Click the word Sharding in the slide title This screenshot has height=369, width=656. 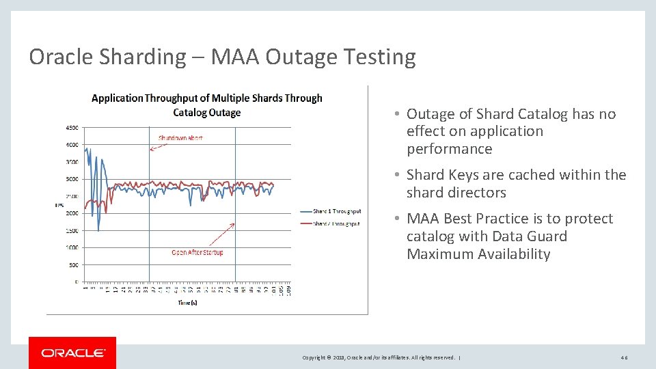point(142,57)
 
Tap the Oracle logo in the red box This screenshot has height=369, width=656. point(72,353)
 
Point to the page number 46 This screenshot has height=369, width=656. point(624,357)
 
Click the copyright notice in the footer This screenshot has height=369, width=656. point(379,357)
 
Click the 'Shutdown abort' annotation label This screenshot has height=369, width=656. point(180,137)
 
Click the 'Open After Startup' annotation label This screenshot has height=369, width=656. point(197,252)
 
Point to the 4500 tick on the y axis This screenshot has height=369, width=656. point(71,127)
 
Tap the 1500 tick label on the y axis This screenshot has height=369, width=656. point(71,230)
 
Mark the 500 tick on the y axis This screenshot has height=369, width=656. point(72,264)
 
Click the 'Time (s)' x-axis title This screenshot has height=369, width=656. point(187,302)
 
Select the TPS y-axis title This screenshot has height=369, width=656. point(59,204)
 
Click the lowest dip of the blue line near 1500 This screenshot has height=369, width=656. point(98,230)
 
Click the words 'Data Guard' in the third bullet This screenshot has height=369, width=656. point(526,236)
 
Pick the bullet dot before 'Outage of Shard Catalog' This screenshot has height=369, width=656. point(396,114)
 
